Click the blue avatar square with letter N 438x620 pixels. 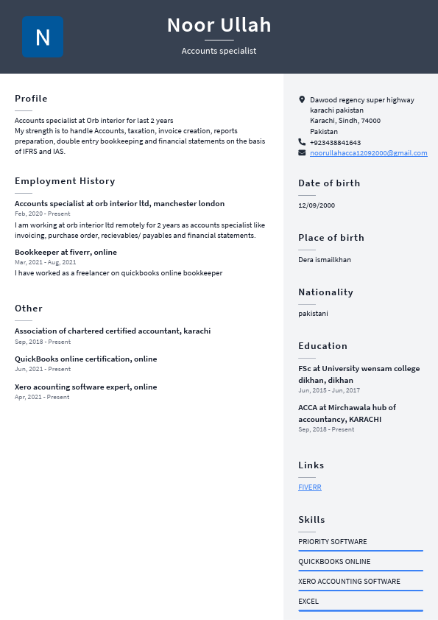[x=43, y=37]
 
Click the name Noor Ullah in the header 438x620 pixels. [x=219, y=25]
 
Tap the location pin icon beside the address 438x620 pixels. [x=302, y=99]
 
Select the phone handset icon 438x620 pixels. [x=302, y=141]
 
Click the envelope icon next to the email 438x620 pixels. [x=302, y=152]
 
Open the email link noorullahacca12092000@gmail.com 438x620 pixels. [x=368, y=153]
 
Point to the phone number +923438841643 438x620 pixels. [x=335, y=143]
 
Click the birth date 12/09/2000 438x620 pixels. [x=317, y=205]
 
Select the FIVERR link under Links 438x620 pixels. [x=310, y=487]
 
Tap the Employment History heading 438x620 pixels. [x=65, y=181]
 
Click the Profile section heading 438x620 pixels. [x=31, y=99]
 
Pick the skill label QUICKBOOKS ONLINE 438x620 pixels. [x=334, y=562]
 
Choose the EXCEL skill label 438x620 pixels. [x=308, y=602]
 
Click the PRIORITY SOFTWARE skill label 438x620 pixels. [x=332, y=542]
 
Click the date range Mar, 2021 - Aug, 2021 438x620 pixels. [x=45, y=262]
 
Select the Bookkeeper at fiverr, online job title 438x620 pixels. [x=66, y=253]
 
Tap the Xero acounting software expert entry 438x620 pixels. [x=85, y=387]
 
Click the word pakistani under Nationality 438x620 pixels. [x=313, y=314]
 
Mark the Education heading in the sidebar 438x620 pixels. [x=322, y=346]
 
